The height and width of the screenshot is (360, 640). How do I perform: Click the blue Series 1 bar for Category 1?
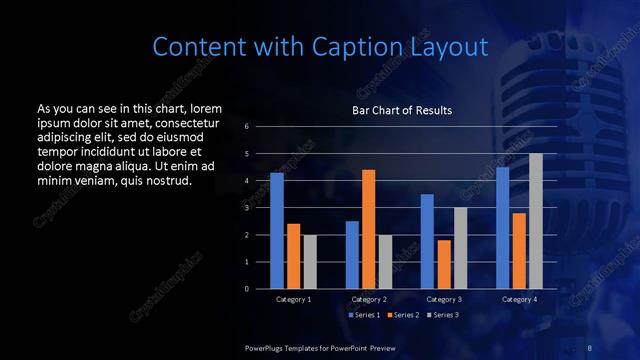click(277, 231)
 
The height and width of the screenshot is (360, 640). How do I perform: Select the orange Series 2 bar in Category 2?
click(368, 229)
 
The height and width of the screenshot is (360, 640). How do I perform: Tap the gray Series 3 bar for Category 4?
click(536, 221)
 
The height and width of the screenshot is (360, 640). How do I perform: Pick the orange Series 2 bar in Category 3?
click(444, 264)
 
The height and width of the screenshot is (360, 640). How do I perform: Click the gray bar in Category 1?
click(309, 262)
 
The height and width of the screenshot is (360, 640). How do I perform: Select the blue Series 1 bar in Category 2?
click(352, 255)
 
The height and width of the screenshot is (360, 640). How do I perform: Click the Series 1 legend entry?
click(363, 315)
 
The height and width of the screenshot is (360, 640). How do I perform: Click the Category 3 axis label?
click(444, 299)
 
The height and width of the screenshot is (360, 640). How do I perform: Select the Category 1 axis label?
click(293, 299)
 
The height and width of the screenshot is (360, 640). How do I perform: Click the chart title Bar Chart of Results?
click(402, 110)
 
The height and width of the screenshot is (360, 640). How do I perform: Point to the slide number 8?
click(589, 346)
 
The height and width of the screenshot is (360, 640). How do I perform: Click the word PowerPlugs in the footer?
click(265, 346)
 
